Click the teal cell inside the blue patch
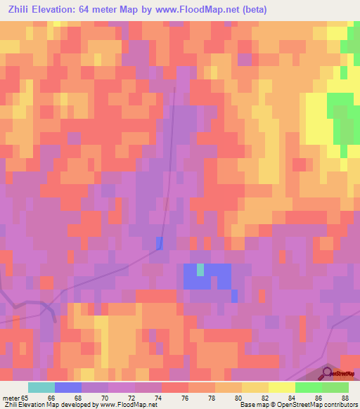point(200,269)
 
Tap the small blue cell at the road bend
point(159,243)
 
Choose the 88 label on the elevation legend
point(344,398)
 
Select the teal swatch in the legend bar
point(41,387)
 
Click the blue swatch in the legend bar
point(68,387)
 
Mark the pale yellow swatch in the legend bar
point(282,387)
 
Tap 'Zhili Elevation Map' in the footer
point(32,405)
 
